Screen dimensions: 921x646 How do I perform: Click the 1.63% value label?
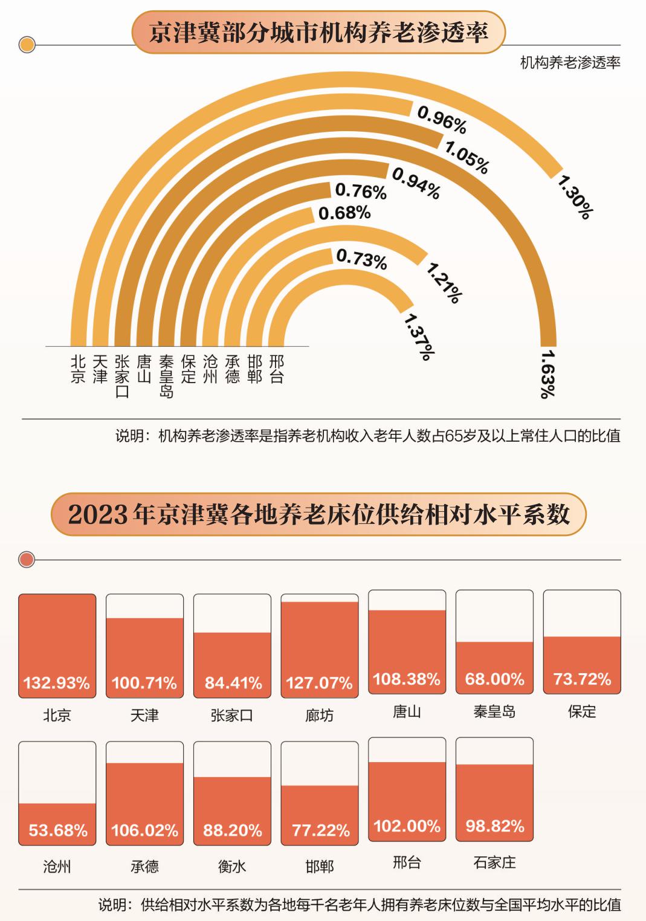coord(547,373)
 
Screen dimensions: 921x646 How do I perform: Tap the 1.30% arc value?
coord(575,197)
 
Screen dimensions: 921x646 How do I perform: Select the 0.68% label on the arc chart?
coord(344,213)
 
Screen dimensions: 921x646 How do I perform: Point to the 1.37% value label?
coord(419,336)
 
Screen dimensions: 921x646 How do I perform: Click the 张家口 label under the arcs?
coord(122,376)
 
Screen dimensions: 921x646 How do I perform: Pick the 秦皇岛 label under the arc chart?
coord(166,376)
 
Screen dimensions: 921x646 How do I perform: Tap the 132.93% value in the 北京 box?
coord(57,683)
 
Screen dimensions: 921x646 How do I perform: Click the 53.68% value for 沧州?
coord(58,830)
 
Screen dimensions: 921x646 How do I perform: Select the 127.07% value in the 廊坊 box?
coord(319,683)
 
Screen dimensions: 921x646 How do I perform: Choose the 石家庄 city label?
coord(494,862)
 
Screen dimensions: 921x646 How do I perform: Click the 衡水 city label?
coord(232,867)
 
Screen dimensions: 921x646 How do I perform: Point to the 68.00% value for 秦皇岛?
coord(494,679)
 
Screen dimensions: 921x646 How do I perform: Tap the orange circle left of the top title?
coord(27,45)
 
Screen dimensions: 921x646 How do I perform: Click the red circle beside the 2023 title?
coord(27,560)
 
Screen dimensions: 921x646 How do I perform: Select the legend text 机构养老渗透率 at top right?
coord(570,63)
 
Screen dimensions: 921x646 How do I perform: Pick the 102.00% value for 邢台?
coord(407,826)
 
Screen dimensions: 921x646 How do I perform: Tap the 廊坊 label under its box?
coord(319,716)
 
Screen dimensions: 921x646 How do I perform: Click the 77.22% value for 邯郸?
coord(320,830)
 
